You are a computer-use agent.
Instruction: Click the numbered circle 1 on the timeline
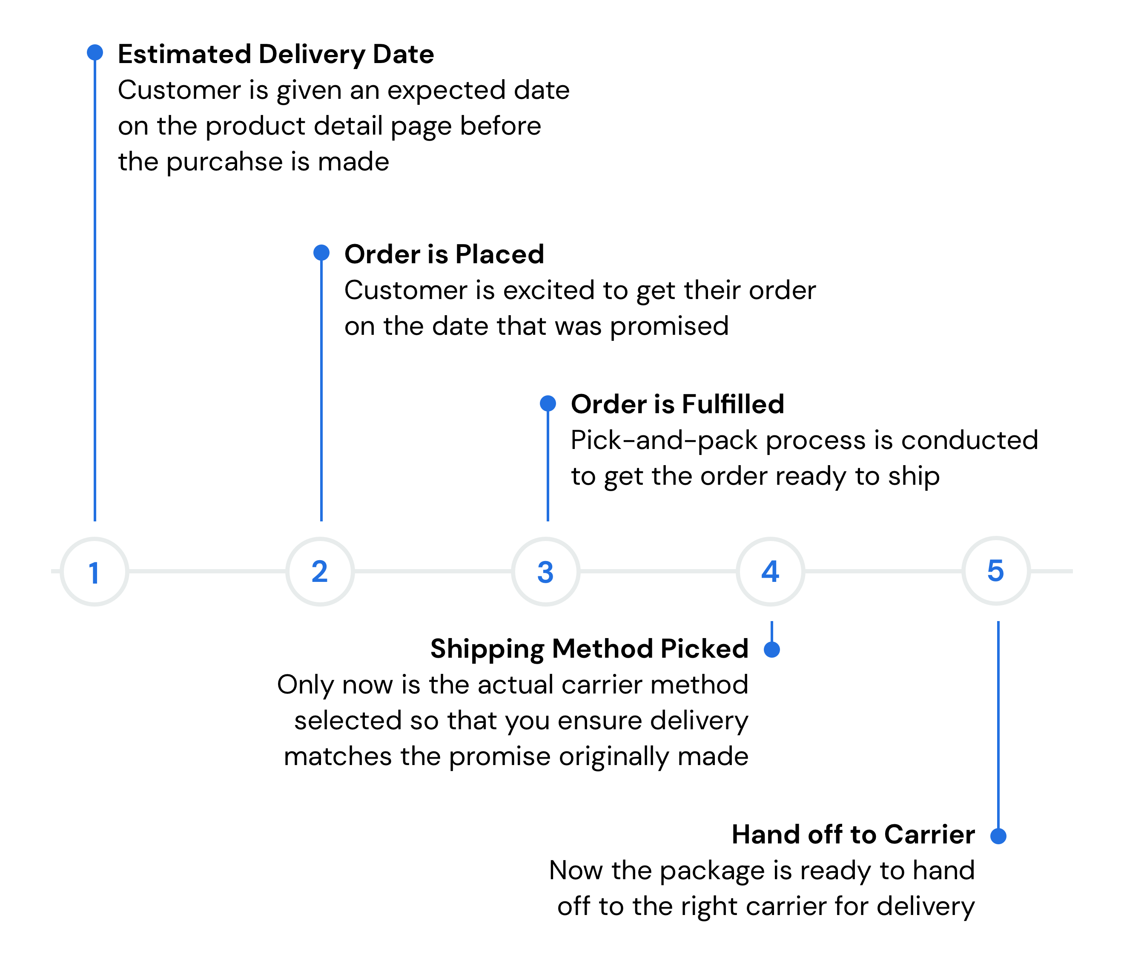coord(95,571)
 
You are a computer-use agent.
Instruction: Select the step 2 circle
coord(320,571)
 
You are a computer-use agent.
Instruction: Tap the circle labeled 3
coord(545,571)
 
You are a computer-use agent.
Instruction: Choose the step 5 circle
coord(995,571)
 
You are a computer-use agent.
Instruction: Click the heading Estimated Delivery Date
coord(275,54)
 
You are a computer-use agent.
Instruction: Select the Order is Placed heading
coord(444,254)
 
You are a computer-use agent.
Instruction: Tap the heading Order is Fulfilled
coord(677,404)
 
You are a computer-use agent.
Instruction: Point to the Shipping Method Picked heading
coord(589,649)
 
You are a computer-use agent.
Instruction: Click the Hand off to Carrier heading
coord(853,834)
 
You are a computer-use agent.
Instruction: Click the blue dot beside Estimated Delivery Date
coord(95,52)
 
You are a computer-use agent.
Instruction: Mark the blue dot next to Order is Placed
coord(322,252)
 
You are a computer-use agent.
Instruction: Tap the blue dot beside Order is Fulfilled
coord(548,403)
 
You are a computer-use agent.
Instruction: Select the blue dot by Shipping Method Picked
coord(772,650)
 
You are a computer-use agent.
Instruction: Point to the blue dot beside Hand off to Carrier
coord(998,836)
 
